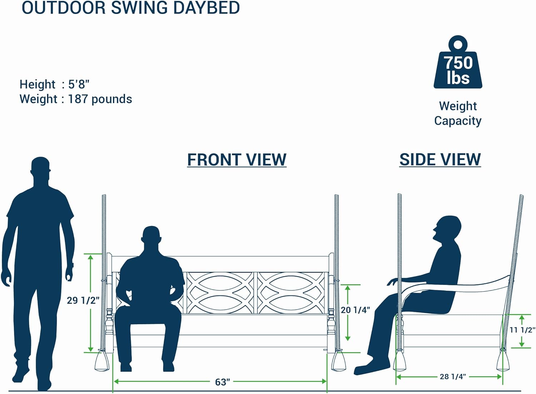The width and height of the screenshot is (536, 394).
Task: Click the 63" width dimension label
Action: click(222, 382)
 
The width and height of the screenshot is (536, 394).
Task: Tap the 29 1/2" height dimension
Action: click(83, 300)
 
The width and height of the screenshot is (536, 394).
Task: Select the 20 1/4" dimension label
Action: click(355, 310)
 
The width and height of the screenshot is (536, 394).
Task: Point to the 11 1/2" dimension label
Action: click(522, 330)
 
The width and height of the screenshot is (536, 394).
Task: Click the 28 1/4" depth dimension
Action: click(453, 376)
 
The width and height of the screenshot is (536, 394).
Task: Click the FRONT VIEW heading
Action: click(237, 159)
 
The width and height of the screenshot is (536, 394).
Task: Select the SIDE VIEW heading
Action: click(440, 159)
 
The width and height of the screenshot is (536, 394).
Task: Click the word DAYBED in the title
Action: click(206, 8)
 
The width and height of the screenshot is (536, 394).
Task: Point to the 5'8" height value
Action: click(79, 84)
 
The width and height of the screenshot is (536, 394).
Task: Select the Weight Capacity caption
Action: click(458, 113)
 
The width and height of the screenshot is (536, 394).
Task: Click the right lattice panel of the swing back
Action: click(291, 293)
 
